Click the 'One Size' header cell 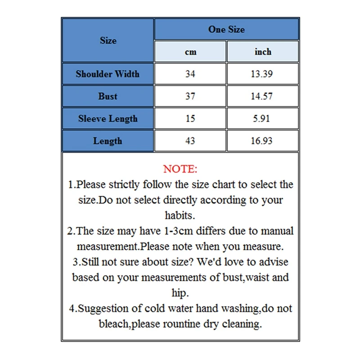(226, 29)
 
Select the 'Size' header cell (108, 40)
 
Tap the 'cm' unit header (190, 52)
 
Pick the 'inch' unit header (263, 52)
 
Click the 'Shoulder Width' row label (108, 74)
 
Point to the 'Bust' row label (108, 96)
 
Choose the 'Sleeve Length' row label (108, 119)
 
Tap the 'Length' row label (108, 141)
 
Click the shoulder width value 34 (190, 74)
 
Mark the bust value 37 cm (190, 96)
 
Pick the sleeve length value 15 (190, 119)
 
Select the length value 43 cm (190, 141)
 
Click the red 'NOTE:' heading (180, 169)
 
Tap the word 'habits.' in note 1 (180, 215)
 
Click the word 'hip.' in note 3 (180, 293)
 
